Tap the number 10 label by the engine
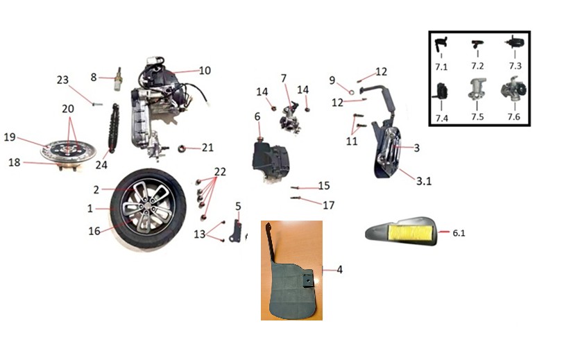pos(205,70)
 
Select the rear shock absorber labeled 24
pos(113,127)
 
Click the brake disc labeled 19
pos(68,151)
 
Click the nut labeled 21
pos(182,148)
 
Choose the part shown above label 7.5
pos(477,89)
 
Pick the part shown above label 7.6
pos(513,88)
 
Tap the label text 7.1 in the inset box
pos(441,67)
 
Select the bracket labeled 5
pos(236,231)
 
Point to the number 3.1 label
pos(424,181)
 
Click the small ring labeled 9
pos(352,92)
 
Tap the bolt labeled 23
pos(98,105)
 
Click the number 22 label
pos(220,171)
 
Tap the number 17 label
pos(328,205)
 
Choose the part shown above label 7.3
pos(515,42)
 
